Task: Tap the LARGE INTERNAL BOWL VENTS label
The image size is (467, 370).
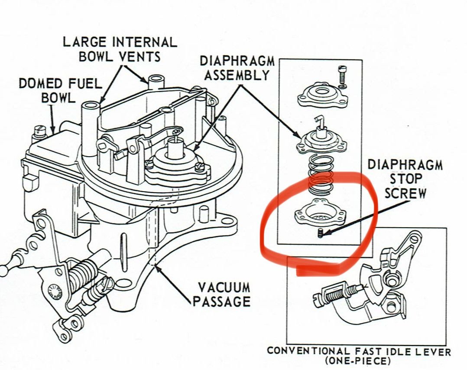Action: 120,49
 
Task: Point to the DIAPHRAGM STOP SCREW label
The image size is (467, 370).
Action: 405,179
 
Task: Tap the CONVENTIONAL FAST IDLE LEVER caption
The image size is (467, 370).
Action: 358,351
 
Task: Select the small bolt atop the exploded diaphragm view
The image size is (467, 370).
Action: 342,77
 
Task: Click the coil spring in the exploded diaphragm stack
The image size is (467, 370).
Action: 321,175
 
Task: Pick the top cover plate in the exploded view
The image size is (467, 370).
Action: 319,96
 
